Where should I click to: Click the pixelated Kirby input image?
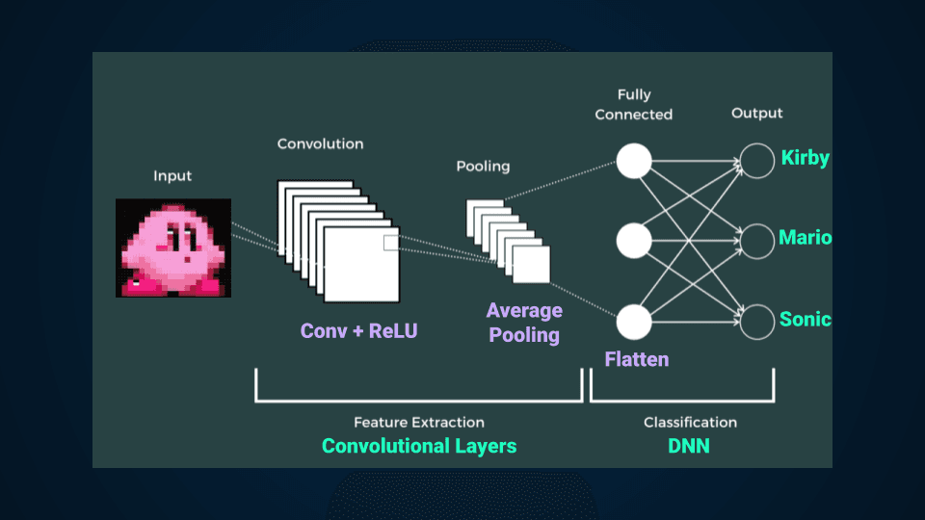pyautogui.click(x=173, y=247)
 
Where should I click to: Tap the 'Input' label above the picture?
pyautogui.click(x=172, y=176)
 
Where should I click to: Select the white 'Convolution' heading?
pyautogui.click(x=320, y=143)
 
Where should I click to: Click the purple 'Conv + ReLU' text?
pyautogui.click(x=359, y=331)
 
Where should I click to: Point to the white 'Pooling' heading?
pyautogui.click(x=483, y=167)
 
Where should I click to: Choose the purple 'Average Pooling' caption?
pyautogui.click(x=524, y=323)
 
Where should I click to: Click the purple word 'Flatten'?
pyautogui.click(x=637, y=360)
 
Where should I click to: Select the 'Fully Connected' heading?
pyautogui.click(x=634, y=104)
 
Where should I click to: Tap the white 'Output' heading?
pyautogui.click(x=757, y=114)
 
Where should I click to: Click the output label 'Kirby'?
pyautogui.click(x=805, y=158)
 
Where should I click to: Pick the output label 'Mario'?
pyautogui.click(x=806, y=238)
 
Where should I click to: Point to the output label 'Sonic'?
pyautogui.click(x=806, y=320)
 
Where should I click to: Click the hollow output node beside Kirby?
pyautogui.click(x=757, y=160)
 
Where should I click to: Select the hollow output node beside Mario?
pyautogui.click(x=757, y=240)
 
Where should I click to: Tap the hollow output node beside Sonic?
pyautogui.click(x=757, y=321)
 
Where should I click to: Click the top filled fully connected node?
pyautogui.click(x=634, y=160)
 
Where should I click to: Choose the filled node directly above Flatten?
pyautogui.click(x=634, y=321)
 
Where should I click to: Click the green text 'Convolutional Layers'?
pyautogui.click(x=419, y=446)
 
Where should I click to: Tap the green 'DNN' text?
pyautogui.click(x=689, y=446)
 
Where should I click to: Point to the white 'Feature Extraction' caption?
pyautogui.click(x=419, y=422)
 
